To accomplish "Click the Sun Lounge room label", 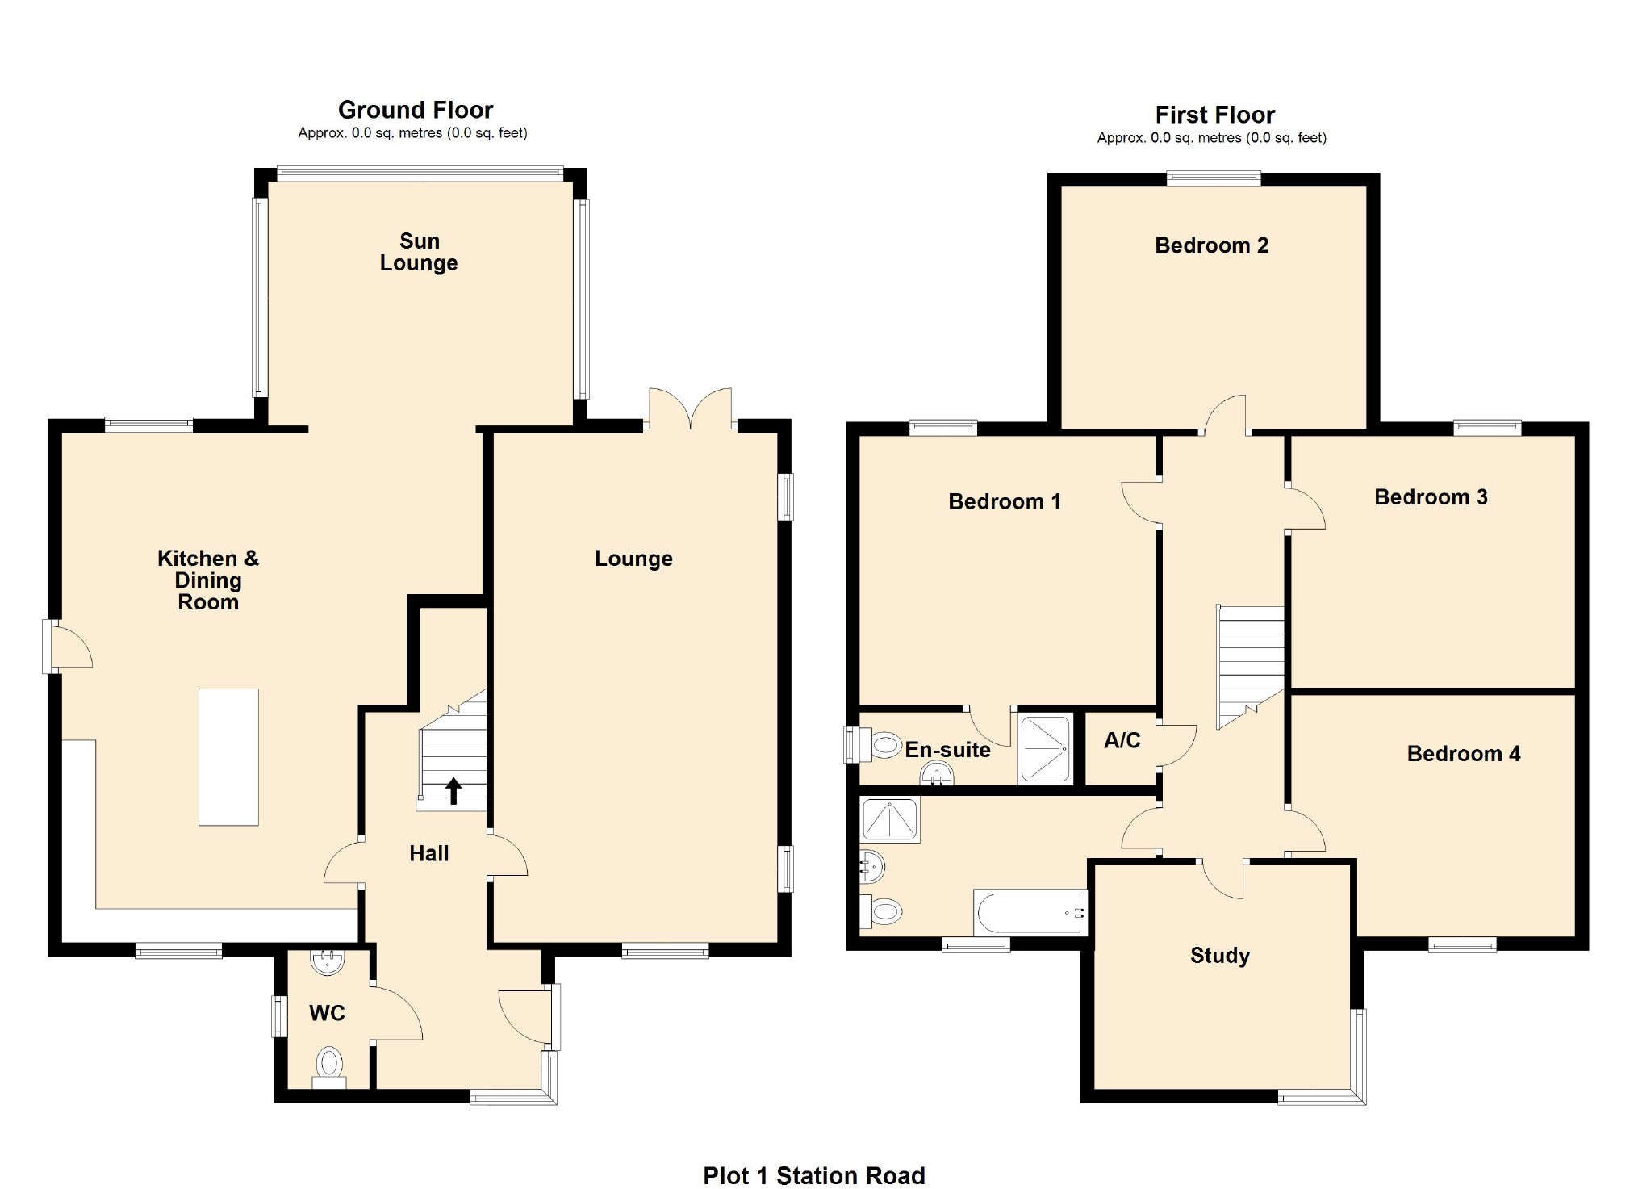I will coord(418,252).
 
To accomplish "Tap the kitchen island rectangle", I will coord(228,756).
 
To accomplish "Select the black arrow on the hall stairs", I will coord(453,790).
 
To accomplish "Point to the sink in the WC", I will coord(328,961).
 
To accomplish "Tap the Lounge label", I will coord(633,559).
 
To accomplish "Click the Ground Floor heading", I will coord(415,110).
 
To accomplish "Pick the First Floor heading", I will coord(1214,115).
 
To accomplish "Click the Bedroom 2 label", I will coord(1211,245).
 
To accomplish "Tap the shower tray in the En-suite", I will coord(1045,748).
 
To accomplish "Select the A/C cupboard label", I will coord(1122,740).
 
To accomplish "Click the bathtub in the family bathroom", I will coord(1030,913).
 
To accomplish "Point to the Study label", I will coord(1219,956).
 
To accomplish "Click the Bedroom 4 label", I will coord(1463,754).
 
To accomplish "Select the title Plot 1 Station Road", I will coord(813,1175).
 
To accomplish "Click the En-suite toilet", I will coord(883,745).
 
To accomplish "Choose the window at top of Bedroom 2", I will coord(1213,179).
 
